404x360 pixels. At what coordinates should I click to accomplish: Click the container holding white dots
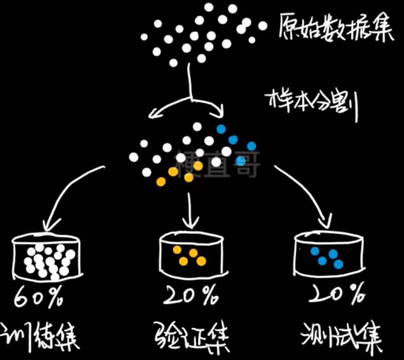[x=47, y=257]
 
